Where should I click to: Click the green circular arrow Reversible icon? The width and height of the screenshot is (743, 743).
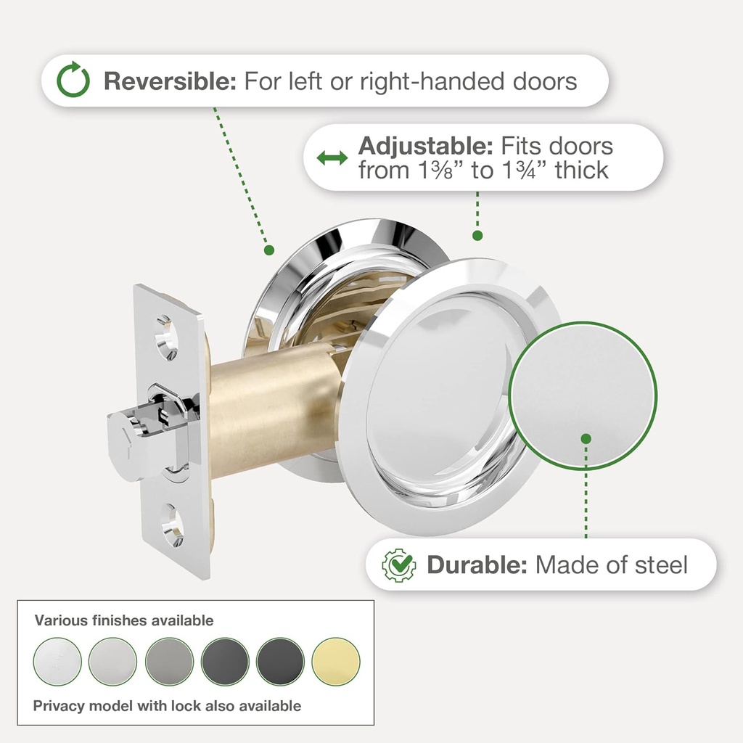pyautogui.click(x=73, y=80)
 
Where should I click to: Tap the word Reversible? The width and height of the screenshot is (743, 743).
pyautogui.click(x=170, y=81)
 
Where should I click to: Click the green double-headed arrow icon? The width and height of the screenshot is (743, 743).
pyautogui.click(x=332, y=157)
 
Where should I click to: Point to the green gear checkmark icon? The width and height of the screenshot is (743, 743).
pyautogui.click(x=399, y=565)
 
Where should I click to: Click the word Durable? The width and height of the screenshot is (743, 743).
pyautogui.click(x=477, y=565)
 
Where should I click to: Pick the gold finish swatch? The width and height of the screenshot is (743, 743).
pyautogui.click(x=336, y=662)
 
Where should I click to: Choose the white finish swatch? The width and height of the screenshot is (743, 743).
pyautogui.click(x=57, y=662)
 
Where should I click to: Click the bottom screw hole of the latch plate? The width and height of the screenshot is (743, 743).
pyautogui.click(x=171, y=525)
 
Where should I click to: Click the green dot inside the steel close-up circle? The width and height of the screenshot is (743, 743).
pyautogui.click(x=586, y=439)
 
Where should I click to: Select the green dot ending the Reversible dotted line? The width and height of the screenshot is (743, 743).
pyautogui.click(x=269, y=250)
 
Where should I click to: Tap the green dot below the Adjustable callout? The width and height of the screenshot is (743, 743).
pyautogui.click(x=477, y=236)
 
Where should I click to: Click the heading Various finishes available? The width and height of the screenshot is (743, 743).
pyautogui.click(x=124, y=620)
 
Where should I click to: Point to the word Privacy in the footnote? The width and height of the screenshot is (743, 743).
pyautogui.click(x=59, y=706)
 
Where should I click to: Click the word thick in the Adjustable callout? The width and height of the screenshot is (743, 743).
pyautogui.click(x=582, y=170)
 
